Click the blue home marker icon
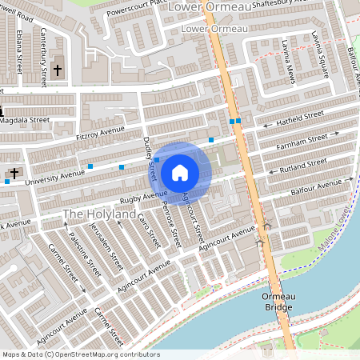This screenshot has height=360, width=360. pyautogui.click(x=180, y=171)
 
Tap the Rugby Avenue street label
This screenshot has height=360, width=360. pyautogui.click(x=144, y=194)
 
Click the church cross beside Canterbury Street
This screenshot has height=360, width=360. pyautogui.click(x=58, y=70)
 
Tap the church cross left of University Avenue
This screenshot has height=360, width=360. pyautogui.click(x=13, y=173)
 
